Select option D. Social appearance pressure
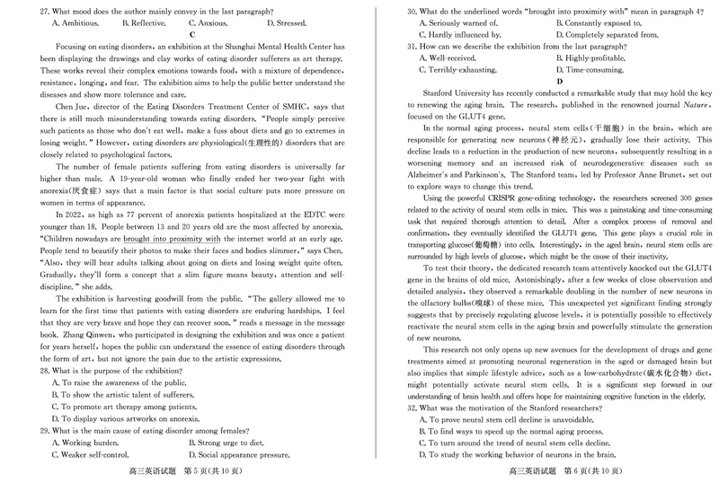[240, 455]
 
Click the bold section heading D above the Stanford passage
[560, 81]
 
